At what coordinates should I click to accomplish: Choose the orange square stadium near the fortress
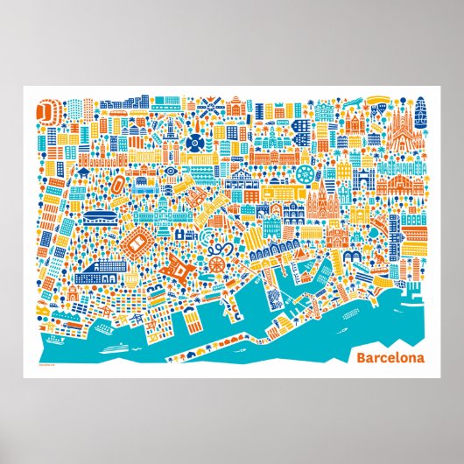click(x=138, y=240)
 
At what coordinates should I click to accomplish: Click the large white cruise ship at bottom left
click(x=114, y=347)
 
